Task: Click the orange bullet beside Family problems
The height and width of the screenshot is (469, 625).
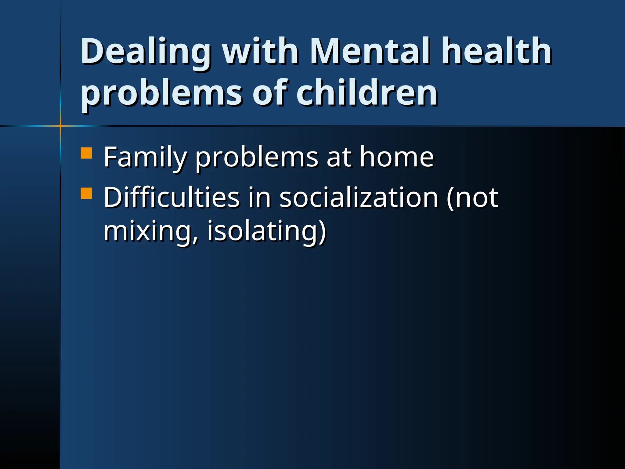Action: (x=86, y=153)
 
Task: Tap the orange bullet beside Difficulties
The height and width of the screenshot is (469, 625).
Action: (x=86, y=193)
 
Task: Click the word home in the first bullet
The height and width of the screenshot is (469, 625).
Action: (x=397, y=157)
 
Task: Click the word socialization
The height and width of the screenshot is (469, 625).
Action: (x=359, y=198)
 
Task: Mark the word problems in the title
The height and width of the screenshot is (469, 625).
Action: (x=162, y=93)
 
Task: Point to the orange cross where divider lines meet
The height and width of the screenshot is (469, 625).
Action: (x=60, y=125)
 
